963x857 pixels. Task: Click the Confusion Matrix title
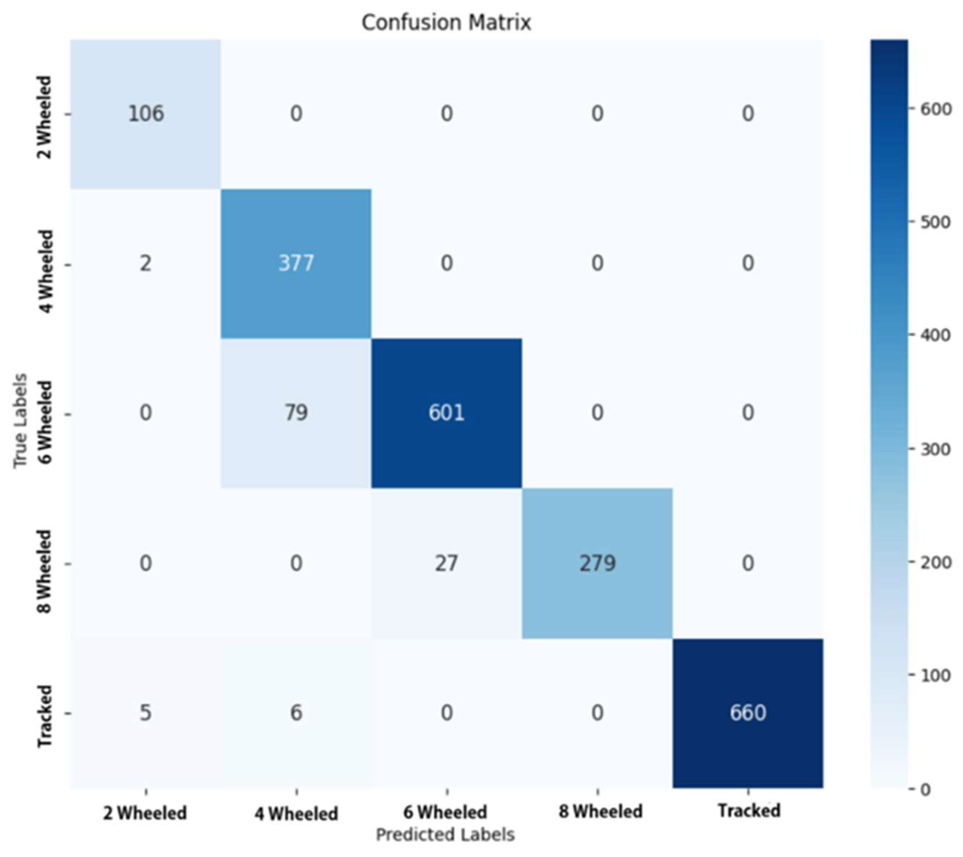click(x=446, y=22)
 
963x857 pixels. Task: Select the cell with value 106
click(x=146, y=113)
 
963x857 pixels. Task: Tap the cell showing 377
click(x=296, y=263)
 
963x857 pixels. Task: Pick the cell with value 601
click(x=446, y=413)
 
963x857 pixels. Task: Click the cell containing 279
click(x=597, y=563)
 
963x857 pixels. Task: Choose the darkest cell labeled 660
click(x=748, y=713)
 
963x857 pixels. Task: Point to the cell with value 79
click(x=296, y=413)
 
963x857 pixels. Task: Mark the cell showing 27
click(x=446, y=563)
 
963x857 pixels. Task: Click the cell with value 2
click(x=146, y=263)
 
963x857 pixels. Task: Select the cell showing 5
click(x=146, y=713)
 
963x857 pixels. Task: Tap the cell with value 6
click(x=296, y=713)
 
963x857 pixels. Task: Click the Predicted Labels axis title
click(x=445, y=834)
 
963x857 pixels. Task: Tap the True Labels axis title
click(x=20, y=421)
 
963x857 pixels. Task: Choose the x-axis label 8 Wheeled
click(x=600, y=811)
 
